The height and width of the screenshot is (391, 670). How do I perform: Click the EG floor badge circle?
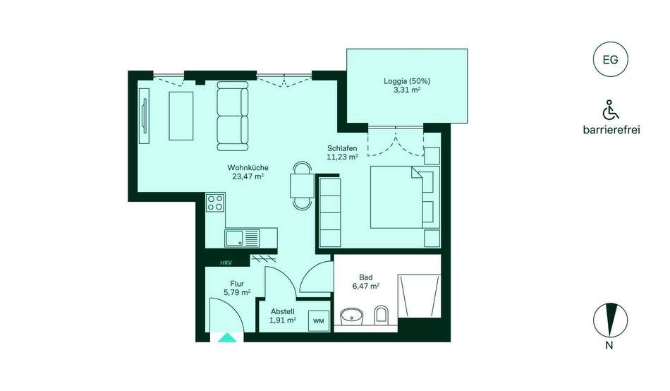(x=610, y=59)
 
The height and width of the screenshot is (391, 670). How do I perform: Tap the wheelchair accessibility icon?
(x=611, y=110)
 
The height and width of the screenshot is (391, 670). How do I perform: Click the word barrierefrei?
(x=611, y=130)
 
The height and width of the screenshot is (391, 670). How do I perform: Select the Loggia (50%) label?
(x=407, y=81)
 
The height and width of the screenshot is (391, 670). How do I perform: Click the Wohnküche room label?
(x=248, y=168)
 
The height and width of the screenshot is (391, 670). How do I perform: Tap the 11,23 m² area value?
(x=342, y=157)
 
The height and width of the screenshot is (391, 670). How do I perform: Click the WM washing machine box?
(x=319, y=321)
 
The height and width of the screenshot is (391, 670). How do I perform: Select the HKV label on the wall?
(x=226, y=263)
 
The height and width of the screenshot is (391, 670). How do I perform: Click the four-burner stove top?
(x=215, y=203)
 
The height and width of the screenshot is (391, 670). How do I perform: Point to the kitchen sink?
(x=243, y=238)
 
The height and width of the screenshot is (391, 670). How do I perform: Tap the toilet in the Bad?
(x=381, y=315)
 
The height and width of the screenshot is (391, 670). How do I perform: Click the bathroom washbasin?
(x=352, y=317)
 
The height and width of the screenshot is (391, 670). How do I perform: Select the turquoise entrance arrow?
(x=227, y=337)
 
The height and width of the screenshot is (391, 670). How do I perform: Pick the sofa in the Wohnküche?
(x=233, y=116)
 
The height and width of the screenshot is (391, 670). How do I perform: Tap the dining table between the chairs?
(x=303, y=186)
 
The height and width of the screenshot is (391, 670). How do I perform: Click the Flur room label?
(x=237, y=284)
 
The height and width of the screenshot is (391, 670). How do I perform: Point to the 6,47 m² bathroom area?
(x=366, y=286)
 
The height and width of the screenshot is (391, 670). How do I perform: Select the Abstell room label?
(x=282, y=312)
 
